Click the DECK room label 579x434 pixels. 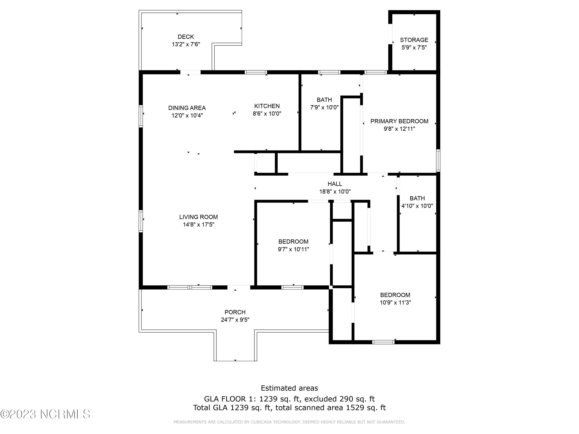click(x=186, y=37)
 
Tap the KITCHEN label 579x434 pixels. click(x=267, y=106)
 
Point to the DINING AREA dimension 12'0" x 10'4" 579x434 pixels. click(x=187, y=115)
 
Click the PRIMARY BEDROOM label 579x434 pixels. click(x=399, y=121)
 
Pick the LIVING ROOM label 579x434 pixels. click(x=198, y=217)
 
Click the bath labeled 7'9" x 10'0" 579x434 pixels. click(x=324, y=103)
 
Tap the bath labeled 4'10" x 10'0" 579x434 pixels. click(x=417, y=202)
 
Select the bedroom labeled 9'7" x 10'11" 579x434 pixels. click(x=293, y=245)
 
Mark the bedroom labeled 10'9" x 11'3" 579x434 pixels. click(x=395, y=298)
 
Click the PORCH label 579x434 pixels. click(x=235, y=312)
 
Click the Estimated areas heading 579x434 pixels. click(x=289, y=388)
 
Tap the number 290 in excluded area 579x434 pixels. click(x=345, y=399)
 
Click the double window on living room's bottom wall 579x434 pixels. click(x=190, y=287)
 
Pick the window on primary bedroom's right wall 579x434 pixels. click(x=438, y=160)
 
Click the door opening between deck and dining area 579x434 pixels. click(x=190, y=72)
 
